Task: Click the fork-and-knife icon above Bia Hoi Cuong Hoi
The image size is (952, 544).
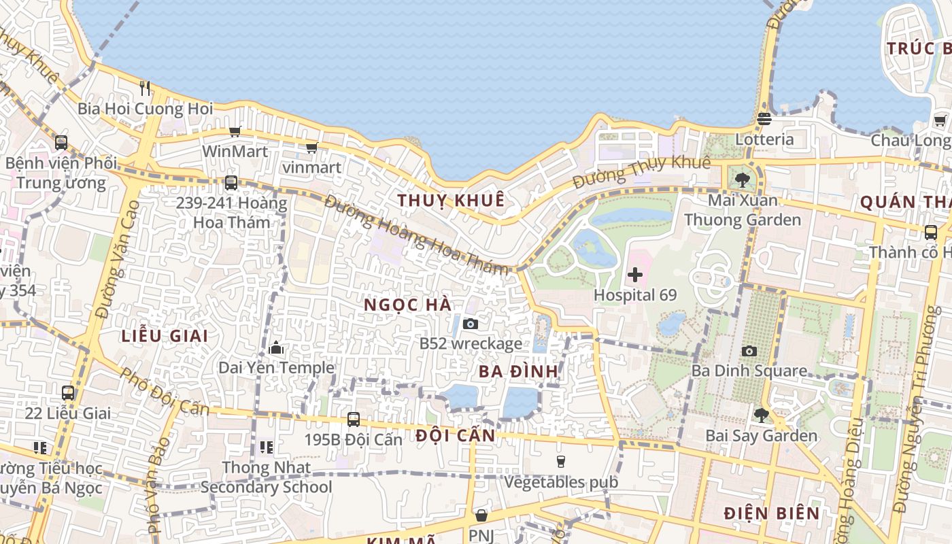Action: [144, 88]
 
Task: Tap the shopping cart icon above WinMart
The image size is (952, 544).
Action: [235, 131]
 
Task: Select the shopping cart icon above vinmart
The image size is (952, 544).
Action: [311, 148]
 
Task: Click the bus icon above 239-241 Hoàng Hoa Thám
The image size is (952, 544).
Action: [231, 182]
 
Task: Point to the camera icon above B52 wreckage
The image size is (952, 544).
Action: [470, 324]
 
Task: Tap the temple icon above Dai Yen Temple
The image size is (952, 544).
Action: [276, 348]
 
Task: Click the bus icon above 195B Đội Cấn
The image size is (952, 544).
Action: [353, 419]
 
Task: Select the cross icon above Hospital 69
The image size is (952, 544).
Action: [635, 275]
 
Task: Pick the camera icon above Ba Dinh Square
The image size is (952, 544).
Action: [749, 351]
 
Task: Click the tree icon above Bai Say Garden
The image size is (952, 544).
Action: [761, 415]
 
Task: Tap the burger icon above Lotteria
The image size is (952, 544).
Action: [764, 119]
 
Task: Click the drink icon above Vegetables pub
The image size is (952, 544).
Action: [561, 462]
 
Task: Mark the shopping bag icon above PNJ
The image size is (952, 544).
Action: [481, 515]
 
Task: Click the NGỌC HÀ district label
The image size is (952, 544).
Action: [408, 305]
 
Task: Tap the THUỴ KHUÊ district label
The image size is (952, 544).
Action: [452, 200]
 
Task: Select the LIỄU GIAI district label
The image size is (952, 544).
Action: [165, 335]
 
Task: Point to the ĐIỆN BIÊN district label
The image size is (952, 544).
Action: [772, 513]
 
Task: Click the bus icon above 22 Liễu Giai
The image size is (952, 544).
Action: [68, 392]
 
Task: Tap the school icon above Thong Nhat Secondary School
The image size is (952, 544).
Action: [267, 447]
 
